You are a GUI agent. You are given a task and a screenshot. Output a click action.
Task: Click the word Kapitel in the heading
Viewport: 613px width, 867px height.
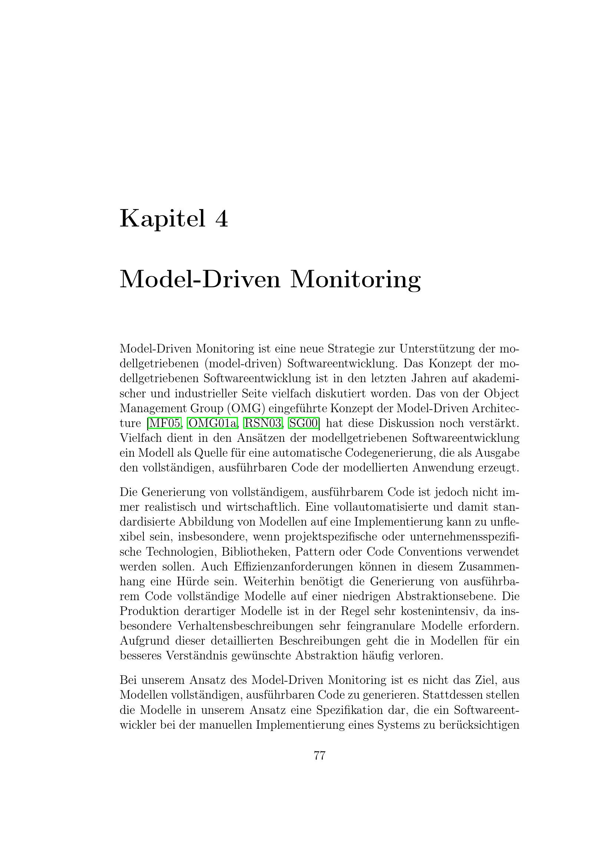[x=163, y=219]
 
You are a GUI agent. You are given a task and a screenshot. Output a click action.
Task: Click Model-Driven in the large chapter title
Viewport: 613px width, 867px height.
[x=200, y=280]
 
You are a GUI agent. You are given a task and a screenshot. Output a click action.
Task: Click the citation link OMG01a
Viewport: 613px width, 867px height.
[x=212, y=423]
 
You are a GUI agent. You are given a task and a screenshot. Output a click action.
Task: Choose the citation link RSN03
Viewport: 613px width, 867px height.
[x=263, y=423]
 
